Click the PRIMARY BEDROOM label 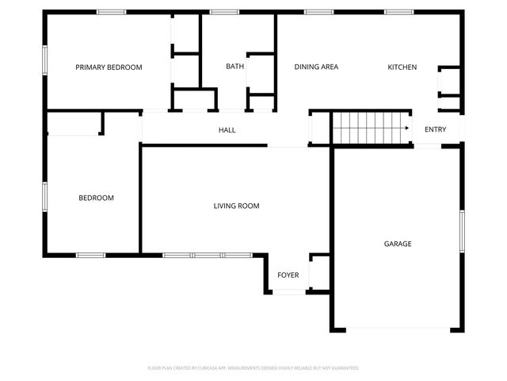109,67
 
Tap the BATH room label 234,67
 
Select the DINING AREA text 316,67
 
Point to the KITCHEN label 402,67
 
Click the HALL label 227,130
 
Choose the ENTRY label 435,129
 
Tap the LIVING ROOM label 236,206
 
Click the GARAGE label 398,244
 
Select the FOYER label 288,275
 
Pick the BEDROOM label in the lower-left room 96,198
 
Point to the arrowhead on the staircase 406,128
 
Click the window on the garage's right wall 462,231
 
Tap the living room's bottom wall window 193,255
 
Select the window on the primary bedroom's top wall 111,12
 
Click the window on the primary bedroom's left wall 45,60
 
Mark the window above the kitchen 398,12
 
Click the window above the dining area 318,12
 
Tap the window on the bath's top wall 225,12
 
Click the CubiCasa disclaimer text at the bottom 253,368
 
